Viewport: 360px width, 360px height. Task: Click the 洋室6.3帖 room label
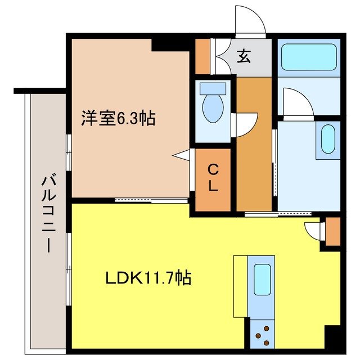[118, 119]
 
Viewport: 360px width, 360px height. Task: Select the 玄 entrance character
[243, 57]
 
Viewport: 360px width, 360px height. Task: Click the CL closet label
[213, 178]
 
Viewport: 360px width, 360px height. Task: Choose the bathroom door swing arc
[296, 102]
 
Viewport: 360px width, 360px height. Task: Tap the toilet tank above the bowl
[212, 88]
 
